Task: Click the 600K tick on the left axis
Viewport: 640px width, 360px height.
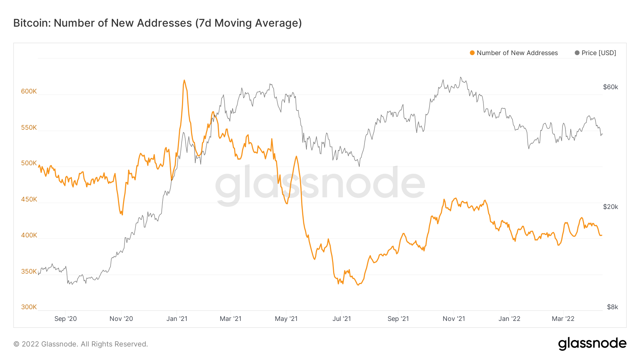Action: (x=29, y=91)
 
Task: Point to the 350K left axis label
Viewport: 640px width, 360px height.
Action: (x=29, y=272)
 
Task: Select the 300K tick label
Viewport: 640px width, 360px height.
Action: (x=29, y=307)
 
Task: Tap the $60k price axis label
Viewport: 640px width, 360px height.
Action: (x=610, y=87)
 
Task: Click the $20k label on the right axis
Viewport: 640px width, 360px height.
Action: (x=610, y=207)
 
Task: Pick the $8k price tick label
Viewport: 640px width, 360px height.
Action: (x=612, y=307)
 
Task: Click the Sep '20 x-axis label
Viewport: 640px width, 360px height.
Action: (x=65, y=319)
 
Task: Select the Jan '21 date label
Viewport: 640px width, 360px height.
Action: (x=177, y=319)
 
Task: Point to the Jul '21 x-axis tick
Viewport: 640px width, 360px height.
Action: (x=341, y=319)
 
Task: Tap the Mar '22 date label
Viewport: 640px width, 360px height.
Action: (x=563, y=319)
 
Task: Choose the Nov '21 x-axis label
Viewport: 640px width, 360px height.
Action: (x=454, y=319)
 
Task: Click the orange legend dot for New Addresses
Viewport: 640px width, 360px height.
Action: (x=472, y=53)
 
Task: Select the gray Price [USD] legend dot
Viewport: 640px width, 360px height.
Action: (x=577, y=53)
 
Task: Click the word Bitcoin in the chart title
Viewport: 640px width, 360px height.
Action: (x=32, y=23)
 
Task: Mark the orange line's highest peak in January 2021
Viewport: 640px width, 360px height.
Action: (x=184, y=80)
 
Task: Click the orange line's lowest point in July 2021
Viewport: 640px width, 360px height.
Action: (x=358, y=285)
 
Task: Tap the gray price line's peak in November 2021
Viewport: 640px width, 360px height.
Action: (x=460, y=77)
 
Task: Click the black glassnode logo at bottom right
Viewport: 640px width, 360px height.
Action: (x=592, y=344)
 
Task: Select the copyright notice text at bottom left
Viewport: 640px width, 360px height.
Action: (x=81, y=344)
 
